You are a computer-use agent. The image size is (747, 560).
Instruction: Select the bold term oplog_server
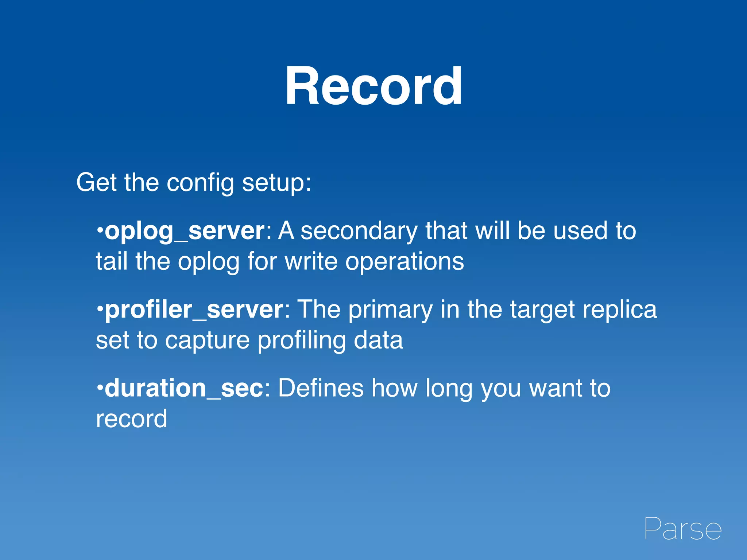[185, 231]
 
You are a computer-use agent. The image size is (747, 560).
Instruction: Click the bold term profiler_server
[194, 310]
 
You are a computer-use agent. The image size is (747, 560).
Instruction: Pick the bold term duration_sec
[184, 388]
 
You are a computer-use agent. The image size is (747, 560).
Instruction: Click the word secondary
[359, 231]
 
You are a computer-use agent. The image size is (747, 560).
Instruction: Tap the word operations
[405, 262]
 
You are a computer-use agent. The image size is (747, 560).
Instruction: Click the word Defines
[321, 388]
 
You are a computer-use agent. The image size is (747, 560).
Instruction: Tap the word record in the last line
[131, 419]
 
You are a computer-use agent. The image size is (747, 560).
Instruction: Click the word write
[311, 261]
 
